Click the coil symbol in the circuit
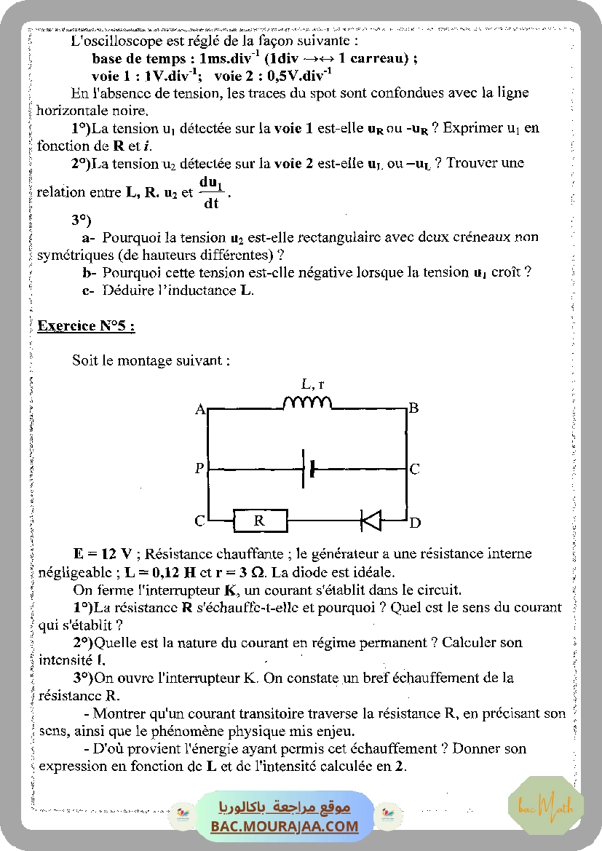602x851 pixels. pyautogui.click(x=306, y=403)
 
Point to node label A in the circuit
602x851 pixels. pyautogui.click(x=199, y=410)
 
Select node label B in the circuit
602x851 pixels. pyautogui.click(x=413, y=408)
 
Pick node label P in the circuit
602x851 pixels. pyautogui.click(x=199, y=469)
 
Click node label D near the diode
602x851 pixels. pyautogui.click(x=414, y=522)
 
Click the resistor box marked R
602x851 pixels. pyautogui.click(x=260, y=521)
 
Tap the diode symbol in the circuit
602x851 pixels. pyautogui.click(x=371, y=520)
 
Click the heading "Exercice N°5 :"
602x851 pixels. pyautogui.click(x=86, y=325)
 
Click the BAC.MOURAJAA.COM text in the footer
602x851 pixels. pyautogui.click(x=285, y=826)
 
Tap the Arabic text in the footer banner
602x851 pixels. pyautogui.click(x=285, y=807)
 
